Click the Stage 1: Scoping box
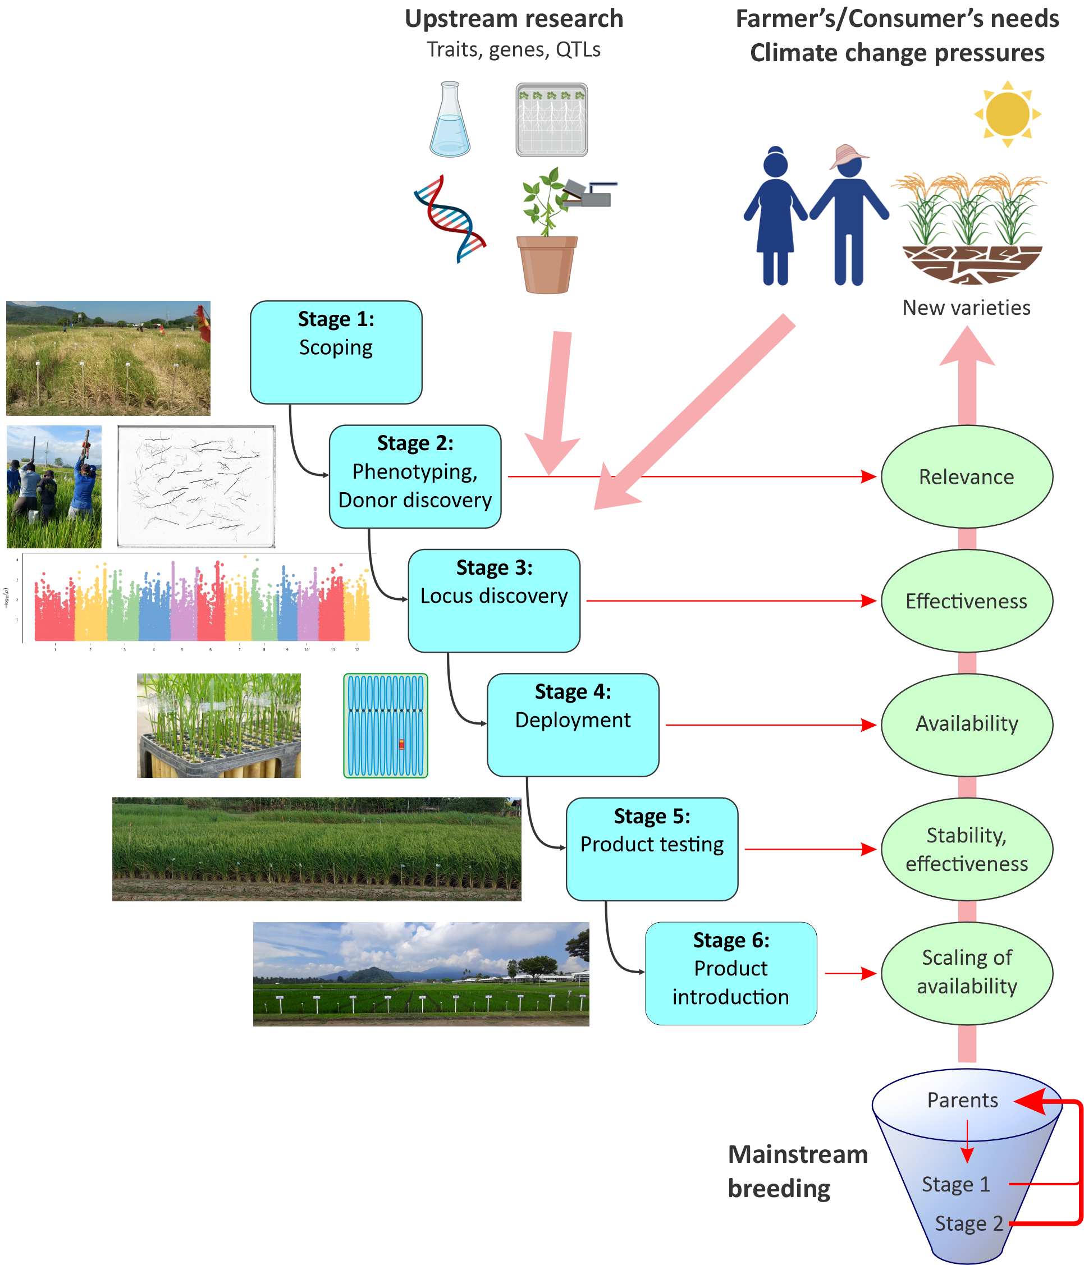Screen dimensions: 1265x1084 (x=336, y=352)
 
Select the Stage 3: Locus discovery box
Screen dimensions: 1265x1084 (x=494, y=600)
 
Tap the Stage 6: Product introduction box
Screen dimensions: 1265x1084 (x=730, y=973)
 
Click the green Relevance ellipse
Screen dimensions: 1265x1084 (x=966, y=476)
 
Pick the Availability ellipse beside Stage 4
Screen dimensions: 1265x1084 (x=966, y=724)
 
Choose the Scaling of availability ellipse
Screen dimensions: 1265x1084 (x=966, y=973)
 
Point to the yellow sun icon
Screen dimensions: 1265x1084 (x=1007, y=113)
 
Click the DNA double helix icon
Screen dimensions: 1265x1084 (x=451, y=218)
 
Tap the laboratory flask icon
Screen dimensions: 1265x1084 (x=450, y=120)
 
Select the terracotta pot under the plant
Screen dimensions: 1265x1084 (x=547, y=264)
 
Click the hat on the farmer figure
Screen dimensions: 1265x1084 (x=849, y=155)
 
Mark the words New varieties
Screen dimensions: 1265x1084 (x=966, y=308)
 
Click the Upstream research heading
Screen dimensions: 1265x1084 (x=514, y=19)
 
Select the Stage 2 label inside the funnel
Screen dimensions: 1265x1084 (x=968, y=1223)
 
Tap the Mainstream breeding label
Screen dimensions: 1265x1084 (x=797, y=1170)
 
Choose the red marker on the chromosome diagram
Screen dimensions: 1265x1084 (x=401, y=744)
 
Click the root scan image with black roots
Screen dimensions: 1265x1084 (x=196, y=487)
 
